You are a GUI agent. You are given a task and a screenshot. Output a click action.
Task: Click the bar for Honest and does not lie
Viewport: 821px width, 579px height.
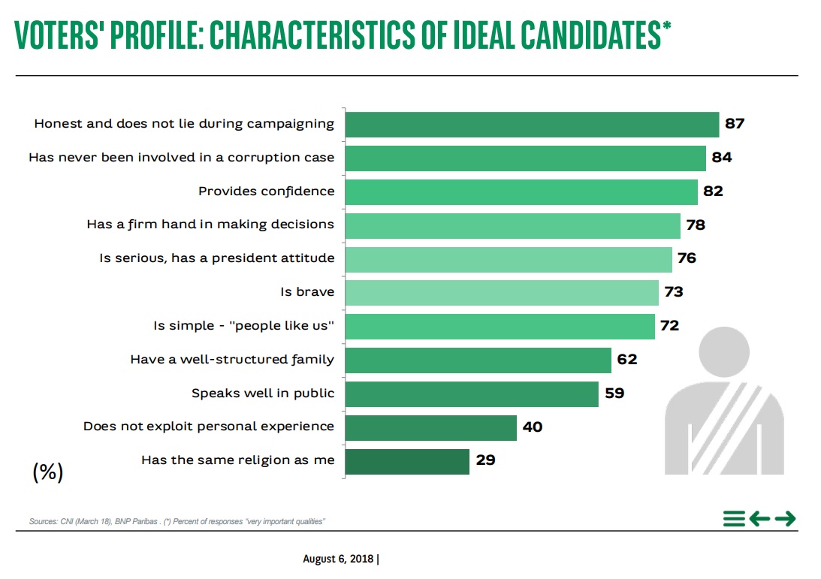[532, 124]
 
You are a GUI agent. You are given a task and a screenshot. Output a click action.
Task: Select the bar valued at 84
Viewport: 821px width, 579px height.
[525, 158]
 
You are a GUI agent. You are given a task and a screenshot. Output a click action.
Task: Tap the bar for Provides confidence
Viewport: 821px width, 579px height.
[521, 191]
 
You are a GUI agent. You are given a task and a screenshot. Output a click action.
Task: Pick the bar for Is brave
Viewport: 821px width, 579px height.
[502, 291]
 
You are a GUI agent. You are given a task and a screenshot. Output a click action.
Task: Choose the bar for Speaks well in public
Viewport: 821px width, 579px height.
[472, 393]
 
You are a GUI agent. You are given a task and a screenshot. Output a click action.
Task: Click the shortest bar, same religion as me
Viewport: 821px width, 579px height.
[407, 460]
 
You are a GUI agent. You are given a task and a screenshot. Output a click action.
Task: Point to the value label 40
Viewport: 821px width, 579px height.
[532, 427]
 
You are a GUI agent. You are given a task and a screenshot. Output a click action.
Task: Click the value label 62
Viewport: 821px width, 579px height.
[626, 360]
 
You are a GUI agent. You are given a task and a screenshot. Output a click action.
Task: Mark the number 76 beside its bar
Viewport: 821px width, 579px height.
[686, 258]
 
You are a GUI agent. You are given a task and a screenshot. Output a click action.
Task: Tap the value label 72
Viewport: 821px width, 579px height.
[669, 326]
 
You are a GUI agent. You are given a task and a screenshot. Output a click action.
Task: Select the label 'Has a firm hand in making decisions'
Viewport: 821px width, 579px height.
[210, 225]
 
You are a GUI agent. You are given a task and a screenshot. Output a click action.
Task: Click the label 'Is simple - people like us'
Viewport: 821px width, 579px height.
[243, 326]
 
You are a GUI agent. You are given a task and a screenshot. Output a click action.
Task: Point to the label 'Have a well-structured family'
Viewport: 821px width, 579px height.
[232, 360]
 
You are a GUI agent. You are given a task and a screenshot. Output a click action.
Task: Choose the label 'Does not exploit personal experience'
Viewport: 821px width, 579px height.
[209, 427]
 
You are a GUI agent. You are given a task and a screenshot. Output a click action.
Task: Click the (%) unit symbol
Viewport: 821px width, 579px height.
[48, 472]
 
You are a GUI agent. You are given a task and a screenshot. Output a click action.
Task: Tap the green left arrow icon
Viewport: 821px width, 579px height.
[759, 519]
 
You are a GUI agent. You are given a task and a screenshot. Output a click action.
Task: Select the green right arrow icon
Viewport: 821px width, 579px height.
[785, 519]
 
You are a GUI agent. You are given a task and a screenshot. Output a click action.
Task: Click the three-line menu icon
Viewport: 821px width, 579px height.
[734, 519]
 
